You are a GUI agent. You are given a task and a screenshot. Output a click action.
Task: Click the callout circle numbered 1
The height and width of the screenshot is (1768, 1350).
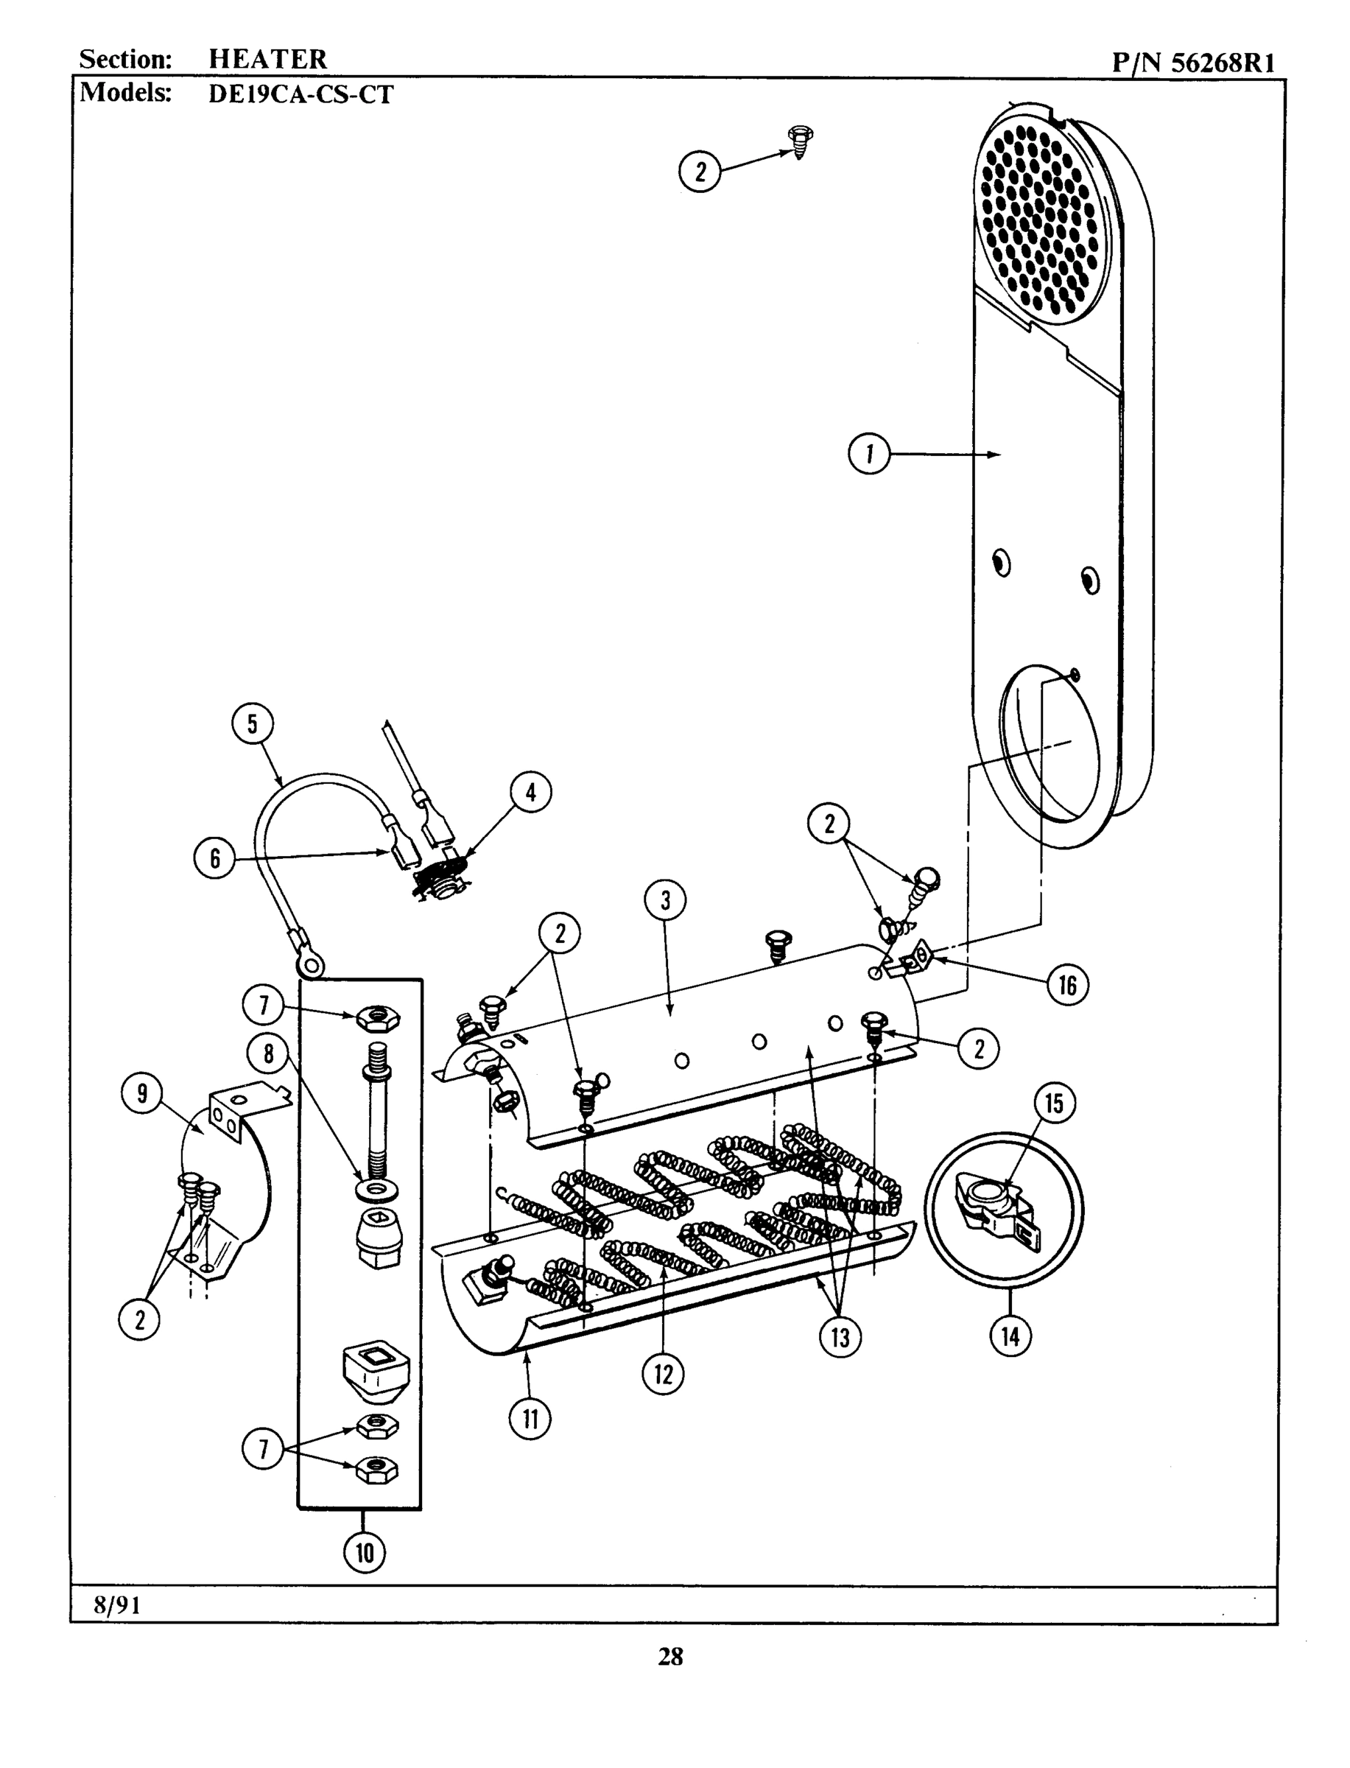coord(868,454)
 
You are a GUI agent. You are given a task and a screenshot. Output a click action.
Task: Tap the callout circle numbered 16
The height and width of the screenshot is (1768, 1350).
coord(1067,984)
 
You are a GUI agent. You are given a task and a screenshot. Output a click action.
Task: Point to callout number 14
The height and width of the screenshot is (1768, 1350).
coord(1009,1336)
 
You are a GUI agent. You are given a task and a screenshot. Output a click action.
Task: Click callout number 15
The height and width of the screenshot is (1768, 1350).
coord(1053,1103)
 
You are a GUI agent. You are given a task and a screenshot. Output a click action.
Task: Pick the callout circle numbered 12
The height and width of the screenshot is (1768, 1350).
coord(663,1373)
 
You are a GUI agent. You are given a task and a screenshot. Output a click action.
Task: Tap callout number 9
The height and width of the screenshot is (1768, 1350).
coord(142,1094)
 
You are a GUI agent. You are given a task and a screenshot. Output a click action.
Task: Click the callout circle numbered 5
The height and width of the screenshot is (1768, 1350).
coord(253,723)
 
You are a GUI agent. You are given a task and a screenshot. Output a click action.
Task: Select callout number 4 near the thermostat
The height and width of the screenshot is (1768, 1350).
coord(530,793)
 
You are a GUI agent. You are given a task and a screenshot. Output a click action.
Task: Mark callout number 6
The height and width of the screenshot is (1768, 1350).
coord(214,858)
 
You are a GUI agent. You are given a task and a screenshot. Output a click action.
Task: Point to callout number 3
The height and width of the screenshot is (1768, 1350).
coord(664,901)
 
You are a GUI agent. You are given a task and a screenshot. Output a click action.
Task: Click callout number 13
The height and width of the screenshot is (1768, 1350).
coord(840,1337)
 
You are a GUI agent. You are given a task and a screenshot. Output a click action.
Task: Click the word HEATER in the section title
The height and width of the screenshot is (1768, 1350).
coord(267,59)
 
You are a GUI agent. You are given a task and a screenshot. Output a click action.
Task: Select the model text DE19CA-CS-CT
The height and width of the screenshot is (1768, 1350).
coord(300,95)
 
